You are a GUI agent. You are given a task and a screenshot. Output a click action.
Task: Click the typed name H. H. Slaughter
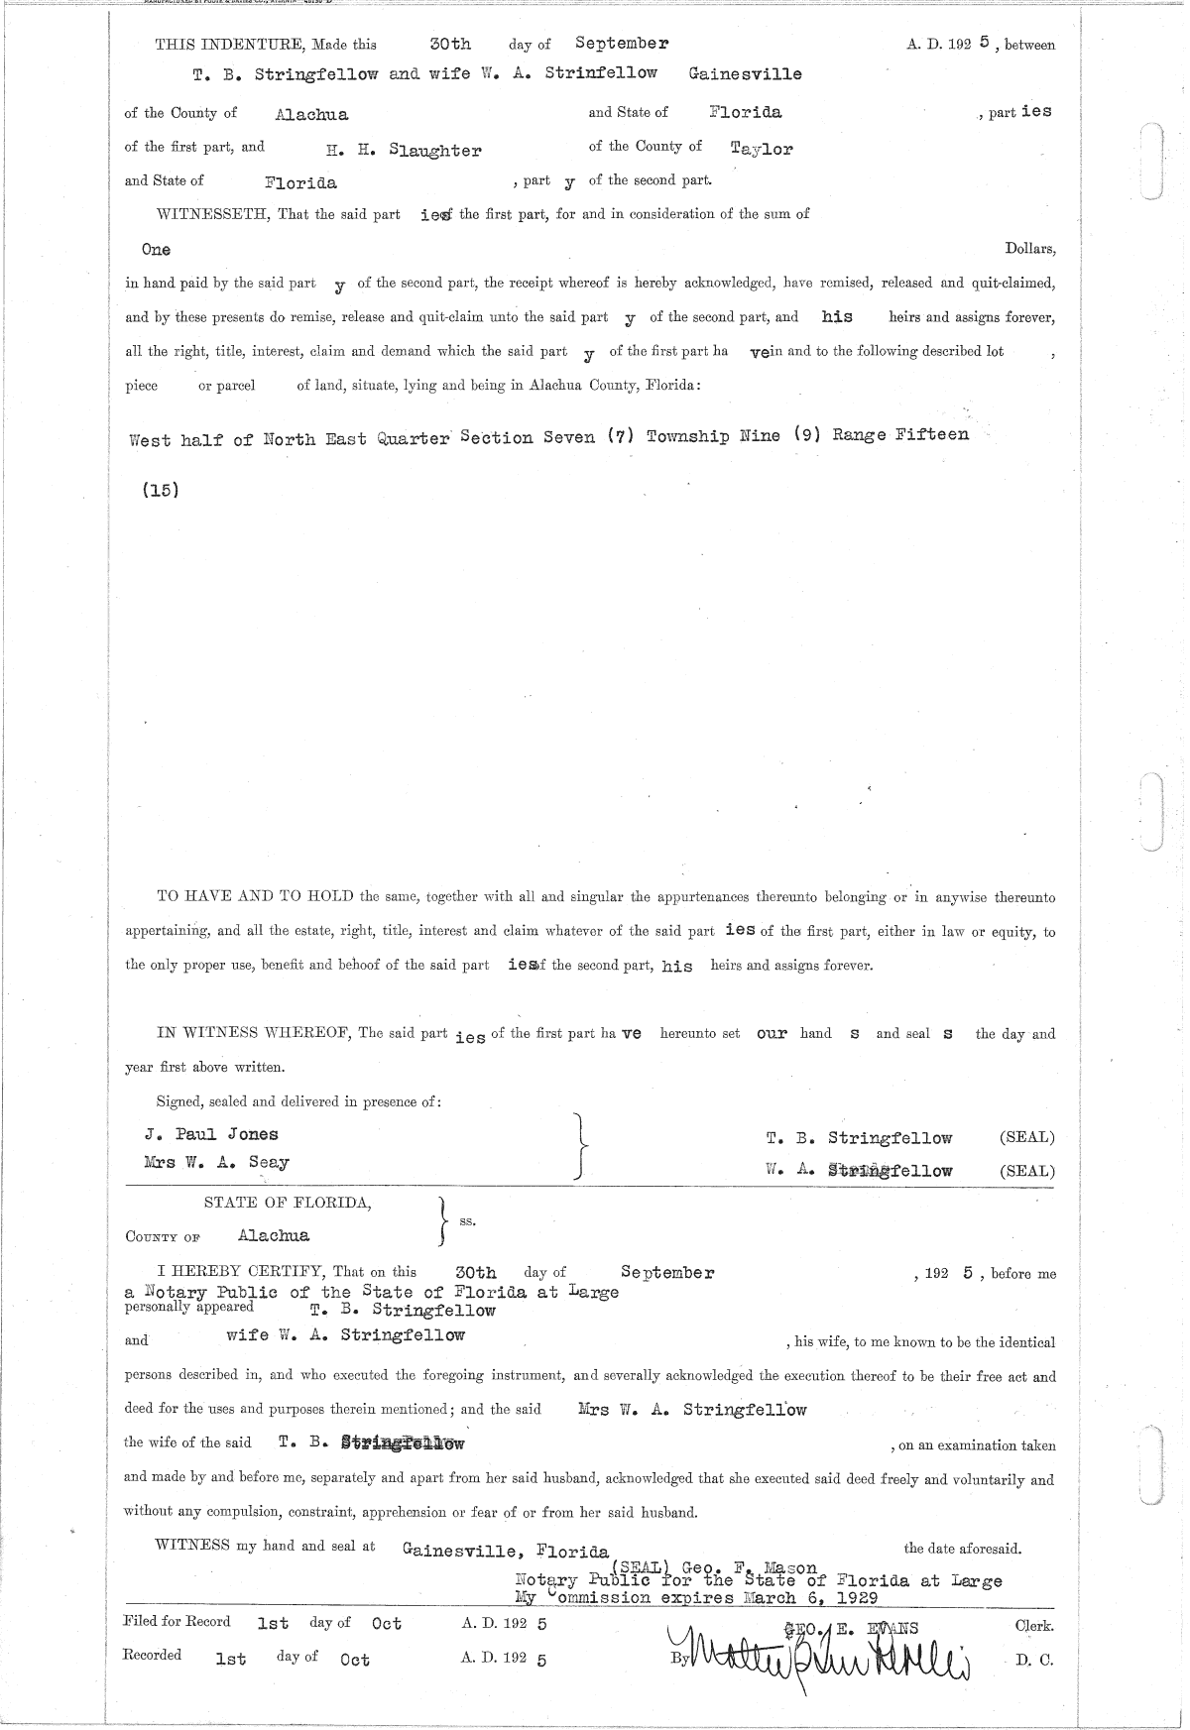tap(404, 151)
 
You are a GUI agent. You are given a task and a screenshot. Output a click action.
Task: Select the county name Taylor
tap(762, 149)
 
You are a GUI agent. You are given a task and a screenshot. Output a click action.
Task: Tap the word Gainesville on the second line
tap(745, 74)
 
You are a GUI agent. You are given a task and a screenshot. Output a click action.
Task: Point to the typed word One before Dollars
tap(156, 250)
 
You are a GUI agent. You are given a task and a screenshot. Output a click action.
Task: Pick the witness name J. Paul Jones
tap(211, 1134)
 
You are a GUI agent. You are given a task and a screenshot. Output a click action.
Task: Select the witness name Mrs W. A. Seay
tap(216, 1162)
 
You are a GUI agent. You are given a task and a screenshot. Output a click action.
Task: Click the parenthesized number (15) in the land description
tap(161, 489)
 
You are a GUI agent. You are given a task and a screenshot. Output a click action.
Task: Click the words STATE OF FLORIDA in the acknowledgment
tap(288, 1203)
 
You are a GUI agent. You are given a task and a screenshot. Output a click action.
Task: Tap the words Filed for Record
tap(177, 1622)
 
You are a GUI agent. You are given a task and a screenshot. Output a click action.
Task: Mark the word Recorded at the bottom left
tap(152, 1655)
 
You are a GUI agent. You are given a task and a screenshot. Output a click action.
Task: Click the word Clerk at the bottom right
tap(1033, 1627)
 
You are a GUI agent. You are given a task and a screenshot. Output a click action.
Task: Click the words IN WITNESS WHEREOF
tap(255, 1033)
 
